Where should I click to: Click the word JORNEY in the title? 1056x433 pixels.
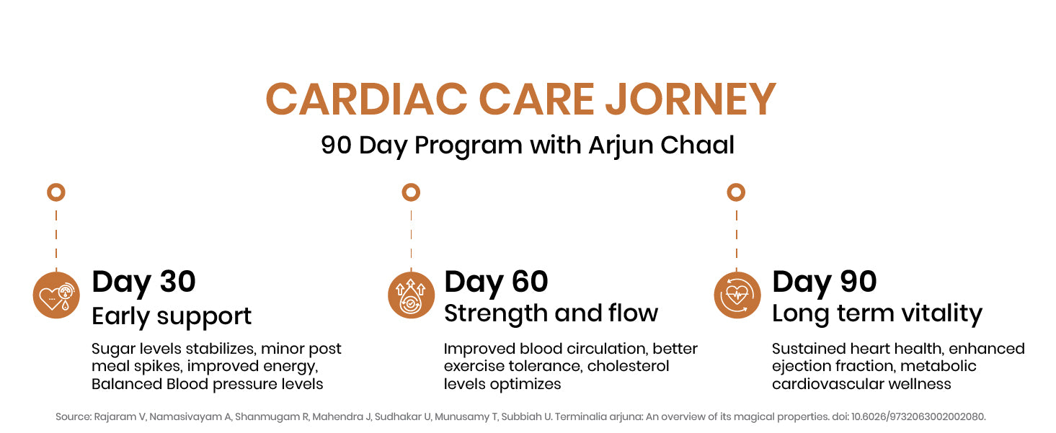(x=690, y=99)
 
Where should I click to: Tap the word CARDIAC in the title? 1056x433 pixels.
(x=366, y=99)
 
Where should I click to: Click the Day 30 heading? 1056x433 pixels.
(x=143, y=281)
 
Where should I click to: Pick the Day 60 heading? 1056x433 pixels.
(x=496, y=281)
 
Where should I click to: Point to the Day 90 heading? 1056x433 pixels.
(x=824, y=281)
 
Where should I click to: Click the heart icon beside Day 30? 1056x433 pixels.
(x=56, y=295)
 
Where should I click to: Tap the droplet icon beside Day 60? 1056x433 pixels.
(x=411, y=295)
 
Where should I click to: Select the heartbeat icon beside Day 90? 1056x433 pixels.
(x=737, y=295)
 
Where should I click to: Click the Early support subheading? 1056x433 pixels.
(x=172, y=316)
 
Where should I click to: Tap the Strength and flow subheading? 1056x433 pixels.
(x=551, y=313)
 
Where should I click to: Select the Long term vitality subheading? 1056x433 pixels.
(x=877, y=314)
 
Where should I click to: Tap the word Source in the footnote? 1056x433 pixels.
(x=74, y=416)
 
